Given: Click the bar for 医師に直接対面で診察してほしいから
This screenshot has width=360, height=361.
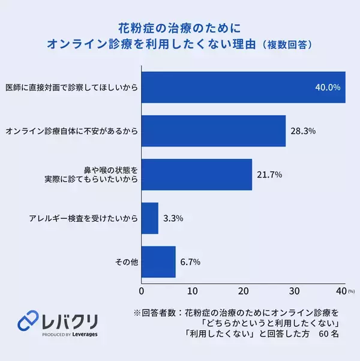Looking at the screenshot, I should pos(243,87).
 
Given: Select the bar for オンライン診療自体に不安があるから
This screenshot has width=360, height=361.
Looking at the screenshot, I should pos(213,130).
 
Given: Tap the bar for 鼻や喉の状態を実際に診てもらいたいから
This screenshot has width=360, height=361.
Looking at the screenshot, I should pos(196,174).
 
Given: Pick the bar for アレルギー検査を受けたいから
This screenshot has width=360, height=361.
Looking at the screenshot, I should pos(149,218).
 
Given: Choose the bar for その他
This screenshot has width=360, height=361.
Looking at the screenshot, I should pos(158,261).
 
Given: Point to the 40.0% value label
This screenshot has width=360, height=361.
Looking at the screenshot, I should pos(328,87).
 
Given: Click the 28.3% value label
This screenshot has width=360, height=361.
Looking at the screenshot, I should pos(303,130).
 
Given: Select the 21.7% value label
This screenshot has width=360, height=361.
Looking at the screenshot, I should pos(269,174).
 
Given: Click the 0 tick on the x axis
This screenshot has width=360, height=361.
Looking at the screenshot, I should pos(142,291).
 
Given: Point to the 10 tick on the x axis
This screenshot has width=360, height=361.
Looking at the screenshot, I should pos(192,291).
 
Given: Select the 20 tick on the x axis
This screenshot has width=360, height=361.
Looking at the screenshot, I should pos(243,291).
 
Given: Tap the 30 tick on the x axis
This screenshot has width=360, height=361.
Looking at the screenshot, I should pos(294,291).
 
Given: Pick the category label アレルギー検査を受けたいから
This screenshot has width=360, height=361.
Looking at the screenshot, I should pos(83,218).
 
